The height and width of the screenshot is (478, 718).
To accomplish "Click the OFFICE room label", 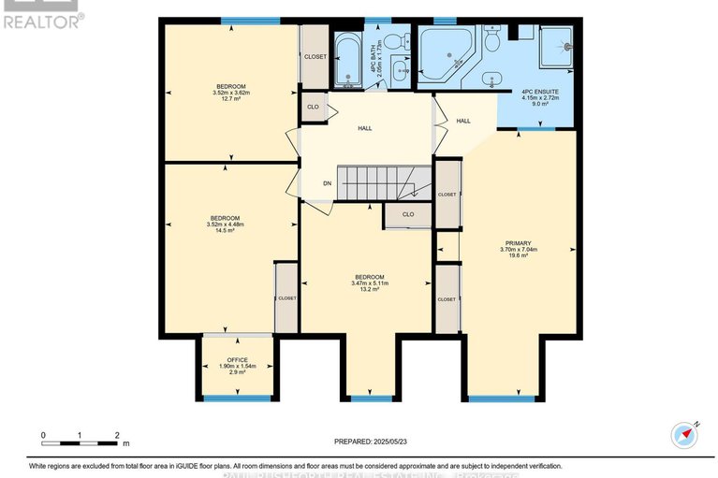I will [x=237, y=358].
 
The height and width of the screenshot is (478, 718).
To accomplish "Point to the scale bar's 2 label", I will [x=117, y=435].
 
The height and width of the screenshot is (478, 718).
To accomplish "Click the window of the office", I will [x=237, y=398].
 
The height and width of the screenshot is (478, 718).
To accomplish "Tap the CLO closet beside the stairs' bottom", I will [x=408, y=214].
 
